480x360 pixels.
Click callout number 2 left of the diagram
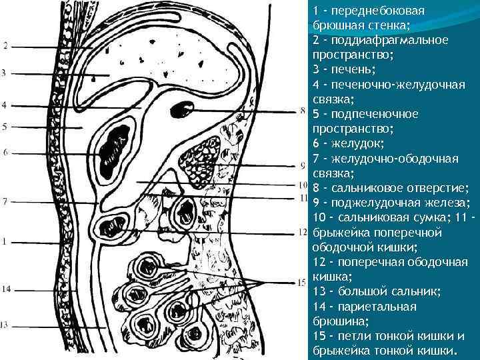(5, 47)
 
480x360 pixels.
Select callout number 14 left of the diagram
(6, 289)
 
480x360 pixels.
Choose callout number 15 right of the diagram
(302, 282)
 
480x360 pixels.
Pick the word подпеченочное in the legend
(376, 114)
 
